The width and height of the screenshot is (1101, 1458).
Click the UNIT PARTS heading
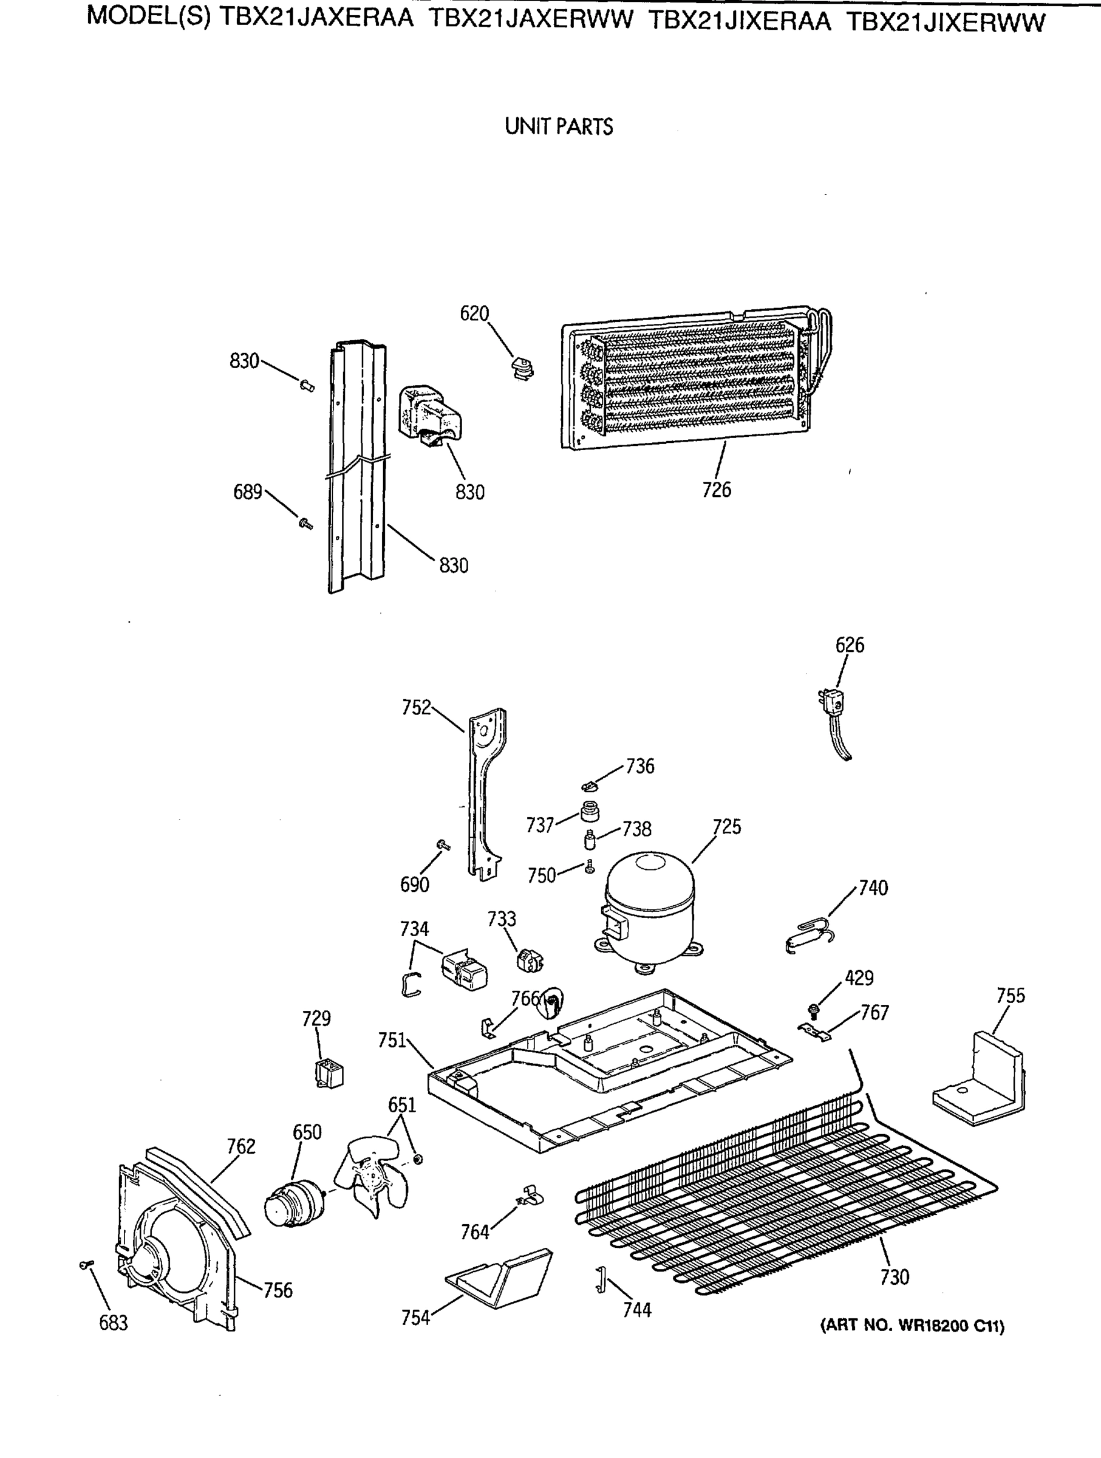click(x=558, y=126)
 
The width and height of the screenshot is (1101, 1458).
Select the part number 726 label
click(x=716, y=490)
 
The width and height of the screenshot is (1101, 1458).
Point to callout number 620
click(x=474, y=313)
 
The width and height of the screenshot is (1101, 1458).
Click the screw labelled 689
click(x=305, y=524)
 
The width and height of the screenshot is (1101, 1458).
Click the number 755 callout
click(x=1010, y=996)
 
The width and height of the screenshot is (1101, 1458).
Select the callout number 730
click(x=894, y=1278)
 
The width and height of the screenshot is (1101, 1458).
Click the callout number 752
click(x=417, y=708)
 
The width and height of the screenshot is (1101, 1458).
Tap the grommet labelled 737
click(x=590, y=812)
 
